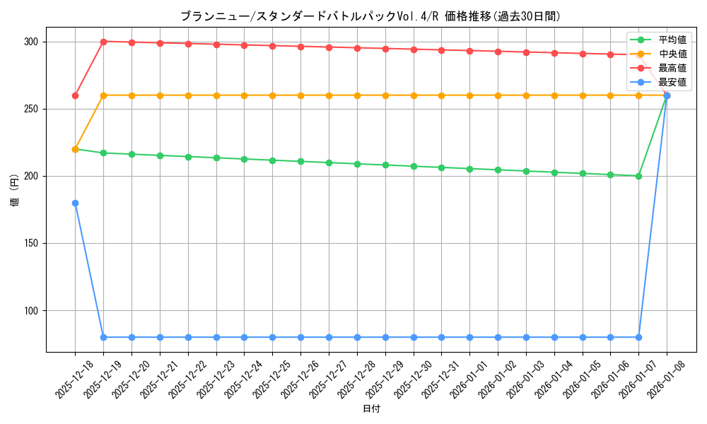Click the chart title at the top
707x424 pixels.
tap(371, 16)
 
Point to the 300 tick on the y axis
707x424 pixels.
tap(30, 42)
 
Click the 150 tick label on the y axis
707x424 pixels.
tap(30, 243)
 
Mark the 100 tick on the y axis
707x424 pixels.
tap(30, 310)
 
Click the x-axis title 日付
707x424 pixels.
tap(371, 409)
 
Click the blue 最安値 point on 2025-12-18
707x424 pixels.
tap(75, 203)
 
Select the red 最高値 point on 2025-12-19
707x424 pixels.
tap(103, 42)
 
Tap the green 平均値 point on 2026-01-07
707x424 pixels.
tap(638, 176)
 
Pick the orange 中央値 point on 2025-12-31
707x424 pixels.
tap(441, 95)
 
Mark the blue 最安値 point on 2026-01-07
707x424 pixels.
tap(638, 337)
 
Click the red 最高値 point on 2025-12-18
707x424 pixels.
tap(75, 95)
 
